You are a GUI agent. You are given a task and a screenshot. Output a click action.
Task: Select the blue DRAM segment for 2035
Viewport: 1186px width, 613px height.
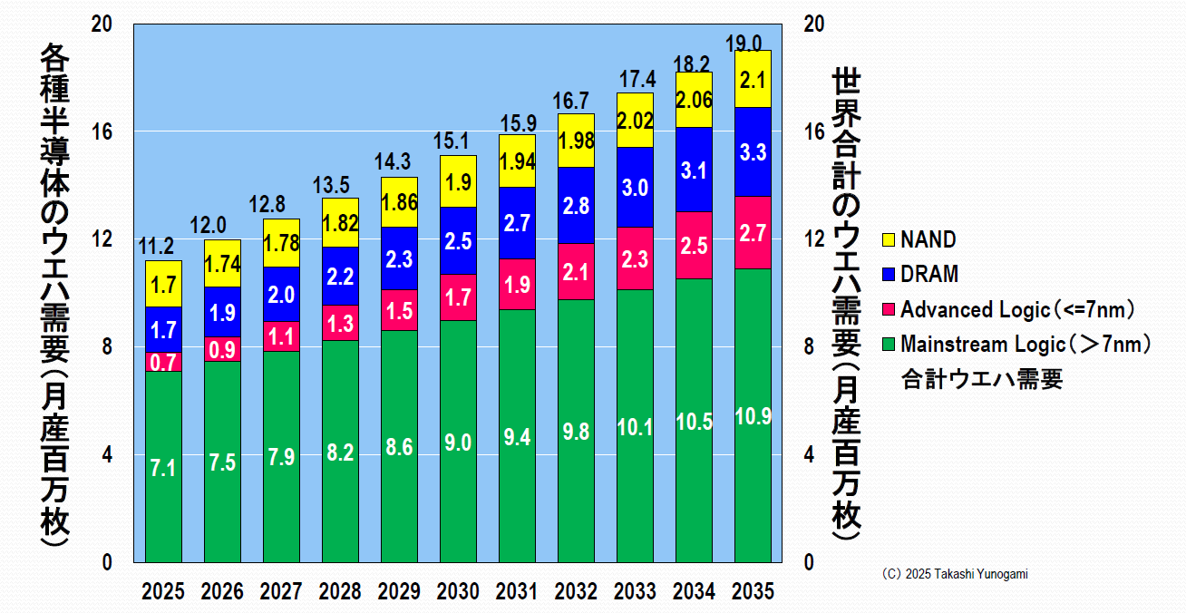point(753,151)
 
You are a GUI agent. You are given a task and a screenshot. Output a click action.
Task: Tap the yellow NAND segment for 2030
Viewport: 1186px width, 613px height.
point(458,181)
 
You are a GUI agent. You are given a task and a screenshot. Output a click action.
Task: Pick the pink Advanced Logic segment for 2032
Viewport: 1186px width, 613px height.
point(576,271)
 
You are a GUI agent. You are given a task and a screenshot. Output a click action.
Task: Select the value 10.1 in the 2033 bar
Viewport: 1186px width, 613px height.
point(635,427)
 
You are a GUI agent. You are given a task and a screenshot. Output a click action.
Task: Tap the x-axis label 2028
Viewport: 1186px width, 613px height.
point(340,592)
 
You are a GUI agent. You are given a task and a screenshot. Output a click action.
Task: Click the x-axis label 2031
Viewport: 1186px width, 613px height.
point(517,592)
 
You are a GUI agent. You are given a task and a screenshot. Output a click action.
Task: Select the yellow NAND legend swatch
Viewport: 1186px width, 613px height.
point(888,240)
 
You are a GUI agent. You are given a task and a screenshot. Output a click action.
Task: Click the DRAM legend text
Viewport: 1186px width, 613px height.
point(929,275)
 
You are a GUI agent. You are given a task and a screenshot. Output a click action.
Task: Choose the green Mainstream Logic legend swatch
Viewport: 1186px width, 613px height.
point(888,345)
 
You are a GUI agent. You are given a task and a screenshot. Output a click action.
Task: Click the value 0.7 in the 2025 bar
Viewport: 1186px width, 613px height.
point(163,363)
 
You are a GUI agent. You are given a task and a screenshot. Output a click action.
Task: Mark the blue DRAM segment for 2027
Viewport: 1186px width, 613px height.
point(281,295)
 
